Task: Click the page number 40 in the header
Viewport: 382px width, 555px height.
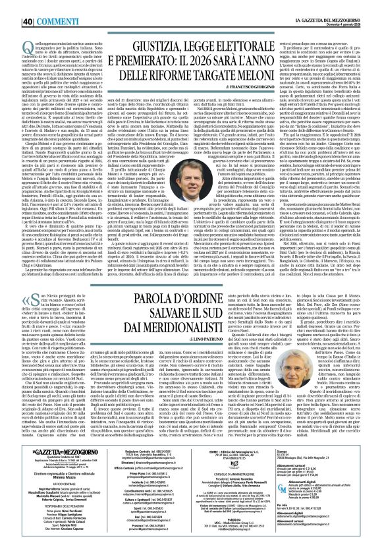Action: coord(11,7)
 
